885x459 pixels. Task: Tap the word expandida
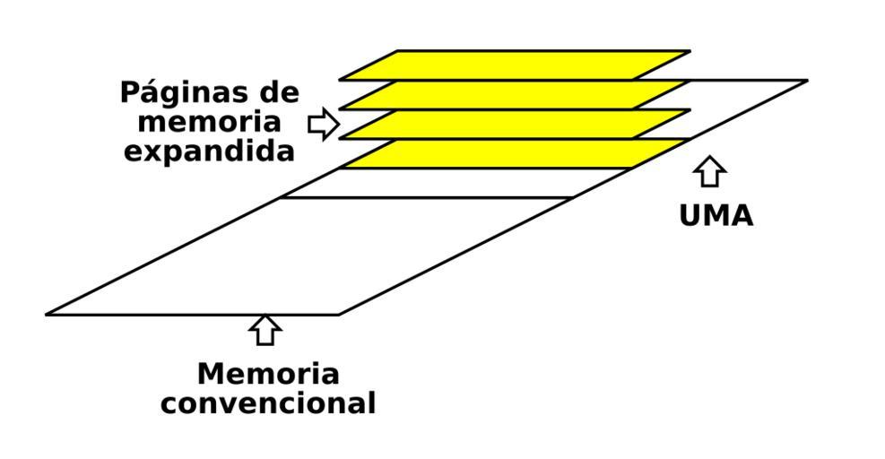point(209,151)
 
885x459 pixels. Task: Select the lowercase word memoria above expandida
point(210,122)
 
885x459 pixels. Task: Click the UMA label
point(716,216)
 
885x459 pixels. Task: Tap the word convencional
point(268,403)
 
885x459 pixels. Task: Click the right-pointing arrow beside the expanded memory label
point(323,125)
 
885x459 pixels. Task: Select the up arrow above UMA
point(710,170)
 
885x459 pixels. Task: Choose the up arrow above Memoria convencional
point(265,329)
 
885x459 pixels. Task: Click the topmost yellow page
point(515,65)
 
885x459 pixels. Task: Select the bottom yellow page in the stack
point(515,153)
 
